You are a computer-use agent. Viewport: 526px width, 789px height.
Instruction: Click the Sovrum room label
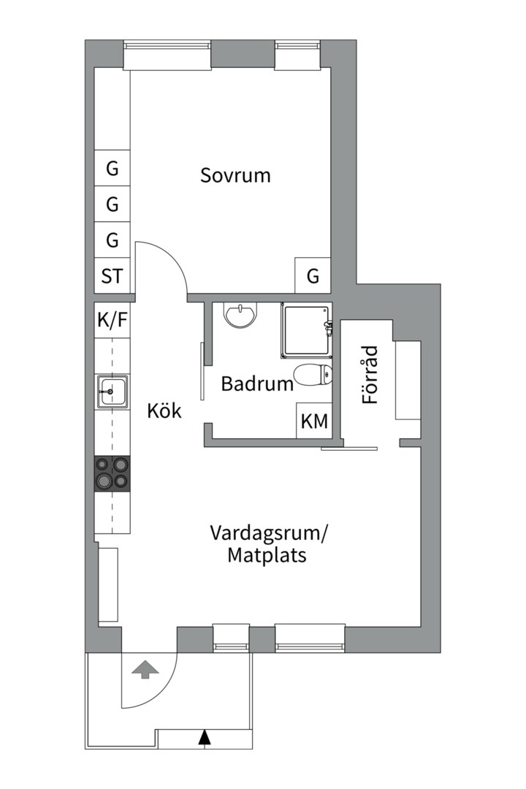235,175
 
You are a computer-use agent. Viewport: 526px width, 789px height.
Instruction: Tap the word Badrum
257,384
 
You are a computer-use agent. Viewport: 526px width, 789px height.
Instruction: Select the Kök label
164,411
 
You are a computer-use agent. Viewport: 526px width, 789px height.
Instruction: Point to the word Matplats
266,555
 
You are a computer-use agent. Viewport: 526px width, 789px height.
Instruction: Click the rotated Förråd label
370,376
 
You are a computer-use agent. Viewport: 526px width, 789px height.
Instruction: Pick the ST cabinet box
112,276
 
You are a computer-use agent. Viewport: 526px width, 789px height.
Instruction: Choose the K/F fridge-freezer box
112,320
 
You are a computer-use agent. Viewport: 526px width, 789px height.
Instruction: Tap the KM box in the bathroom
314,422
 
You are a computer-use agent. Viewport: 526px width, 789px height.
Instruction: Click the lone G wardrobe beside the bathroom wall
313,276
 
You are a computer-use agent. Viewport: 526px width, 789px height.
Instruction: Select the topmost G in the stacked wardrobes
112,169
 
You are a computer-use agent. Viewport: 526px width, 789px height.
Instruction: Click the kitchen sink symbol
112,391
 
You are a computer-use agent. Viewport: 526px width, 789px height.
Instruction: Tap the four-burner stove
112,472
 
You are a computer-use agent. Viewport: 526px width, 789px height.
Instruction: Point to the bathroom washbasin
240,315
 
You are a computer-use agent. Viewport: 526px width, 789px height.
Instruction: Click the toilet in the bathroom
313,376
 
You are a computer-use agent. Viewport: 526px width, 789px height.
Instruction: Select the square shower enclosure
305,331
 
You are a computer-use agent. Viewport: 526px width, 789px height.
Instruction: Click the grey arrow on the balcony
145,668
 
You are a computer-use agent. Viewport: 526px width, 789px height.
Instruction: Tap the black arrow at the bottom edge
205,738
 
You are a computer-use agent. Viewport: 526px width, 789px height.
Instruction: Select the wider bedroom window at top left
167,56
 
